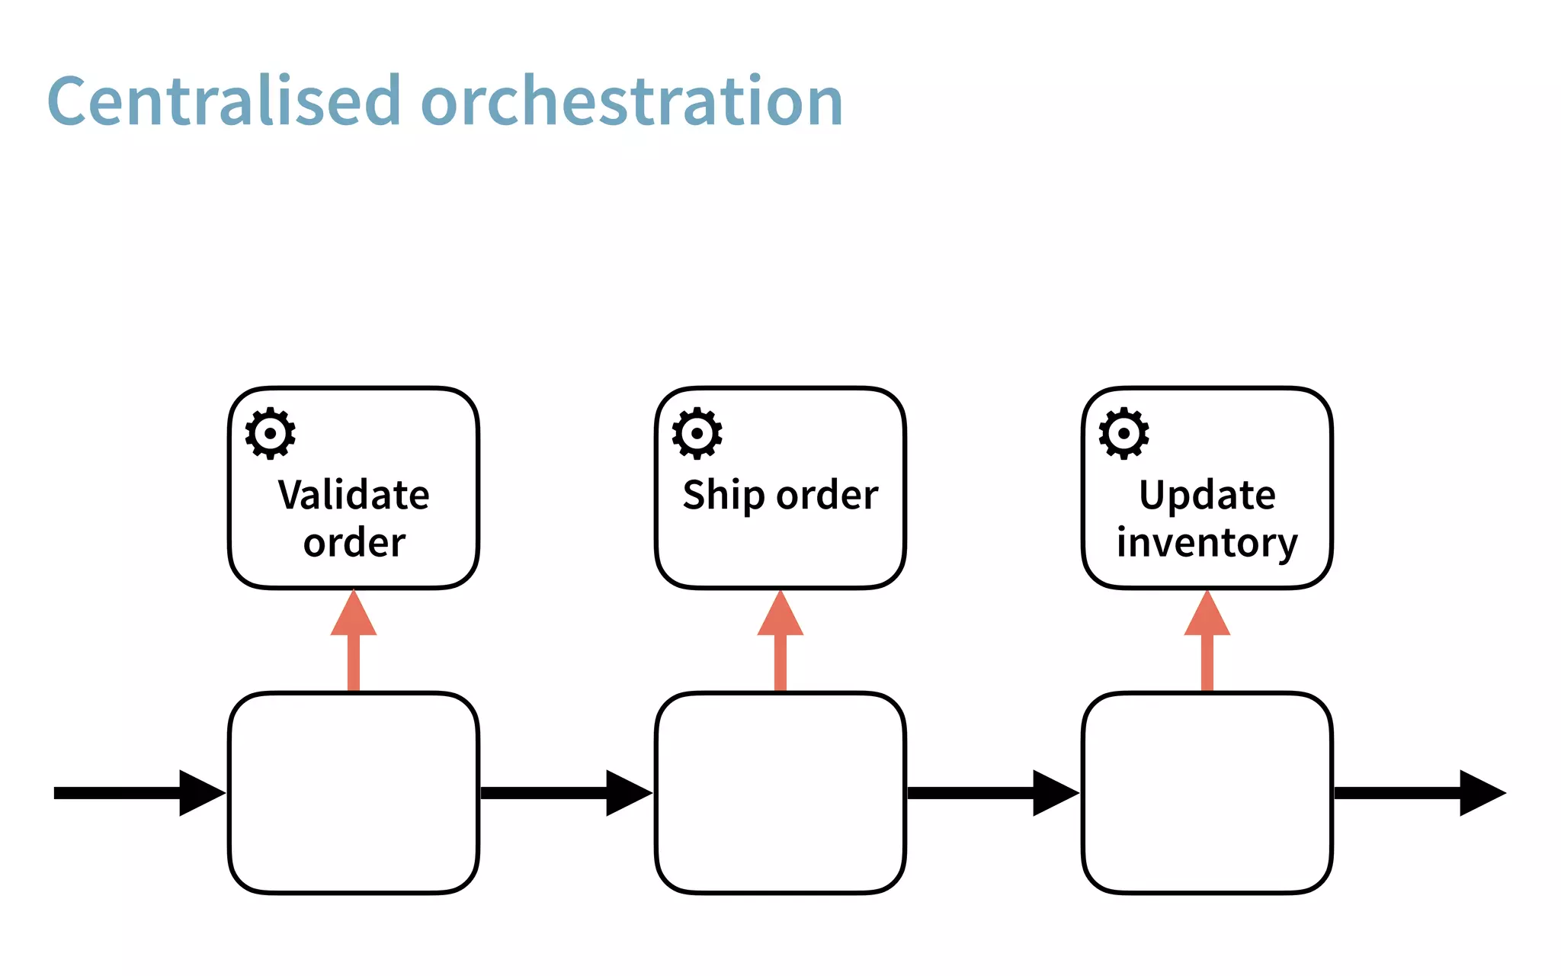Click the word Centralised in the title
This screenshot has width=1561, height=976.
(223, 101)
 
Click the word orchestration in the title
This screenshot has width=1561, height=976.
(631, 101)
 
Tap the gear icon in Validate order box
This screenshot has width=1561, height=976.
(270, 433)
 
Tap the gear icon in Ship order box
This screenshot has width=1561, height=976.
(697, 433)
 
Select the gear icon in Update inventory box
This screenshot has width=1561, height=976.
(1123, 433)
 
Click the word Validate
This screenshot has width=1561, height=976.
(354, 495)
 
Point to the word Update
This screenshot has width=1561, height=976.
(1207, 496)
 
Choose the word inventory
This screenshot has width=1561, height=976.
(1207, 543)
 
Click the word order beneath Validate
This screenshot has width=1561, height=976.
(354, 543)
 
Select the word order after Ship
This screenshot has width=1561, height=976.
(828, 496)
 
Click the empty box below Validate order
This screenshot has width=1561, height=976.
(354, 793)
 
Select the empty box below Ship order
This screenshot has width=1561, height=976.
(780, 793)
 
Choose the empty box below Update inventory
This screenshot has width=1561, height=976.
(1207, 793)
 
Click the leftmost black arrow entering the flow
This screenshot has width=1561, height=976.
(137, 793)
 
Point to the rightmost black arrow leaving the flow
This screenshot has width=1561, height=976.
(1418, 793)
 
